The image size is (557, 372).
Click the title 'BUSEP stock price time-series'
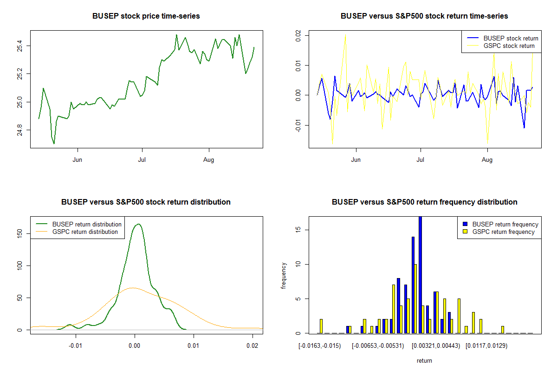click(x=146, y=16)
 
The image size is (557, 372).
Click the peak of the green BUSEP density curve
click(x=138, y=224)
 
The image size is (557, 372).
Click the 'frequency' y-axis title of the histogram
click(x=285, y=275)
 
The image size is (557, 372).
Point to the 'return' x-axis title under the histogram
click(x=424, y=361)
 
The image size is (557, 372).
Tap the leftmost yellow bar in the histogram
click(x=321, y=326)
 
